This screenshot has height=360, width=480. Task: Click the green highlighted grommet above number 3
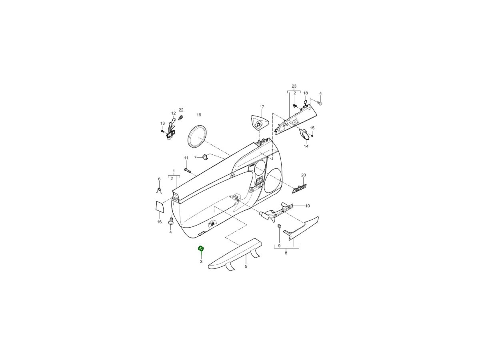coord(201,248)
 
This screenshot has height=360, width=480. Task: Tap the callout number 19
coord(199,115)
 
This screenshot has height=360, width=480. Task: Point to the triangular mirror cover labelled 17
coord(260,123)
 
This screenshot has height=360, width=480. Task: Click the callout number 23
coord(294,86)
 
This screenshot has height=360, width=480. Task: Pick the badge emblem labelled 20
coord(299,188)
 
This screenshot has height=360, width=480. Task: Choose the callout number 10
coord(308,206)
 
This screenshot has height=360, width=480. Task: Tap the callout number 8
coord(286,253)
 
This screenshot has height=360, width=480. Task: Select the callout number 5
coord(246,266)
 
